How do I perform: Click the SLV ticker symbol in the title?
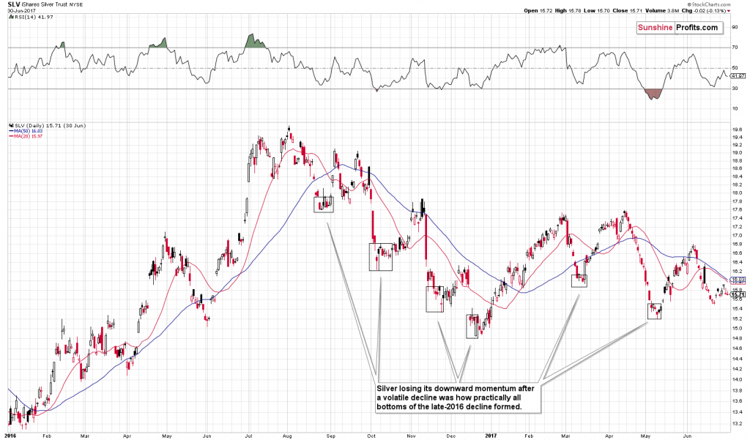[x=13, y=5]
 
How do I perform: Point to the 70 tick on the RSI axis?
[x=735, y=48]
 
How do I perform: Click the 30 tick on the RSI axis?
[x=735, y=89]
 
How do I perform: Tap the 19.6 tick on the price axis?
[x=736, y=130]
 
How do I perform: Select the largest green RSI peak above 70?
[x=253, y=41]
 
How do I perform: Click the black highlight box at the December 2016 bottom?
[x=472, y=326]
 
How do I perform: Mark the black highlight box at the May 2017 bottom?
[x=654, y=311]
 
